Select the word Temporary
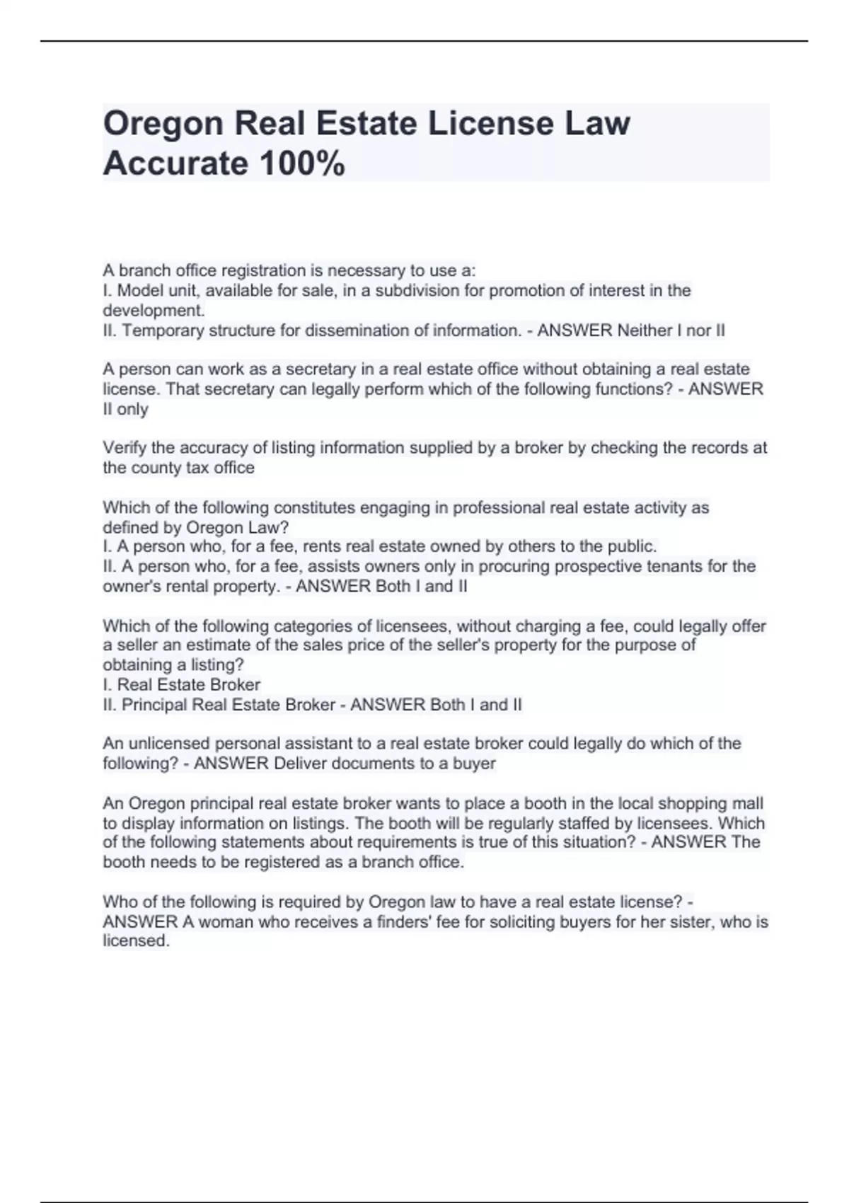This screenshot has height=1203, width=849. pyautogui.click(x=163, y=330)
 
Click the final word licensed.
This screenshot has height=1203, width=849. pyautogui.click(x=135, y=940)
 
